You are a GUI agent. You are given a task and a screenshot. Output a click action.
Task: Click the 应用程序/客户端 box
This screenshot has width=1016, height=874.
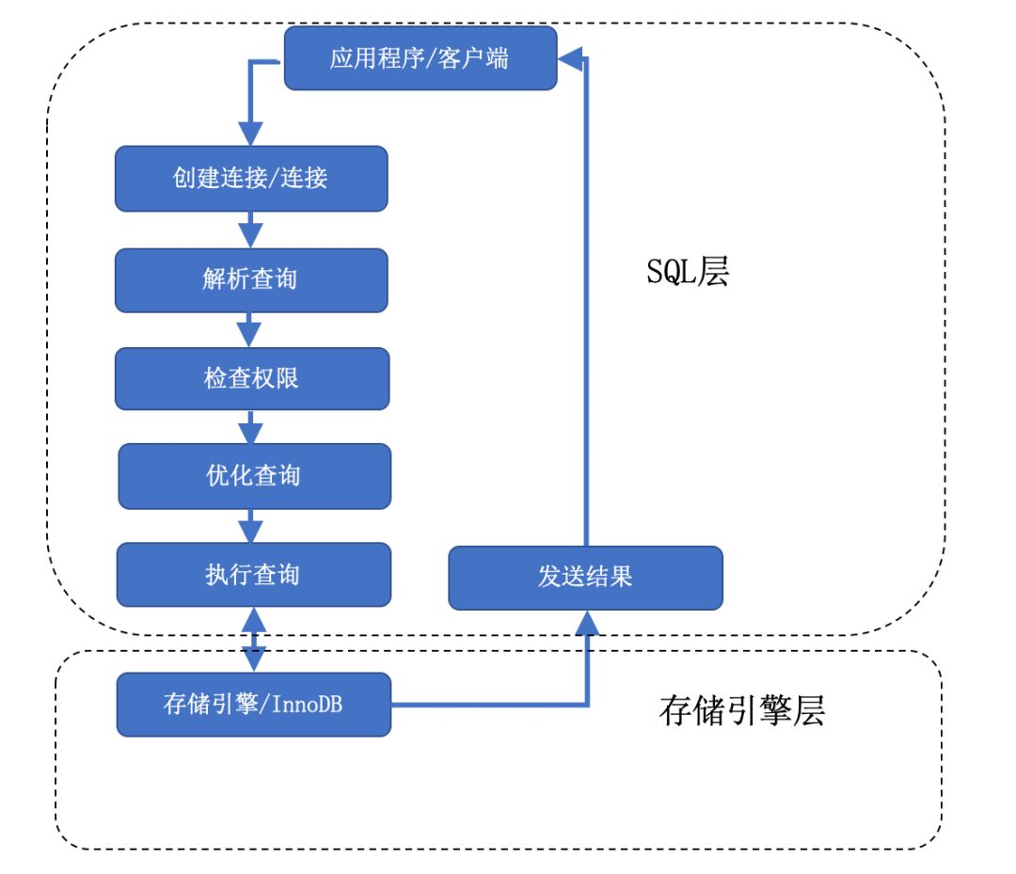(420, 58)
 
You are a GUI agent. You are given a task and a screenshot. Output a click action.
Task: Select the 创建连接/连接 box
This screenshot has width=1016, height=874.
(251, 178)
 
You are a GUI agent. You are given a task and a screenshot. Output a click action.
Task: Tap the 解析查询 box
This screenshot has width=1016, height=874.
(251, 279)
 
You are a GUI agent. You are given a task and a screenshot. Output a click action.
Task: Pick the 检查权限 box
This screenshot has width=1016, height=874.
(251, 378)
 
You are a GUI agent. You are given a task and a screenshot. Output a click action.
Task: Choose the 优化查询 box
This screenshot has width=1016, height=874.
(253, 475)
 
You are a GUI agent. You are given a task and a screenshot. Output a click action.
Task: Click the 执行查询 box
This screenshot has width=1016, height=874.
(253, 574)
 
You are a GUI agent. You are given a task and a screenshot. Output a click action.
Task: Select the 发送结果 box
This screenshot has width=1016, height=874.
(585, 577)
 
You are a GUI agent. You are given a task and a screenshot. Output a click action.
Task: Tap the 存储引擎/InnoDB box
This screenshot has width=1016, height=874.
(253, 705)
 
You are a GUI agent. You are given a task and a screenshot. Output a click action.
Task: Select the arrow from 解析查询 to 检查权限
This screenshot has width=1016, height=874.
(250, 329)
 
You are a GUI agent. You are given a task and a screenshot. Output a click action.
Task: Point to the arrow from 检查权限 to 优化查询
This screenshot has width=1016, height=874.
(250, 428)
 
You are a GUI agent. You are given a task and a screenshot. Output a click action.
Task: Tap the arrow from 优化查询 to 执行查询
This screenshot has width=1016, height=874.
(250, 525)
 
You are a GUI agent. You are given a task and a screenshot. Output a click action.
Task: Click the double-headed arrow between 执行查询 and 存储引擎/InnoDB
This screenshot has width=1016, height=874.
(252, 639)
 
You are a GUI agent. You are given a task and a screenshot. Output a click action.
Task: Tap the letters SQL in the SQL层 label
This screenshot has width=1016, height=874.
(664, 273)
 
